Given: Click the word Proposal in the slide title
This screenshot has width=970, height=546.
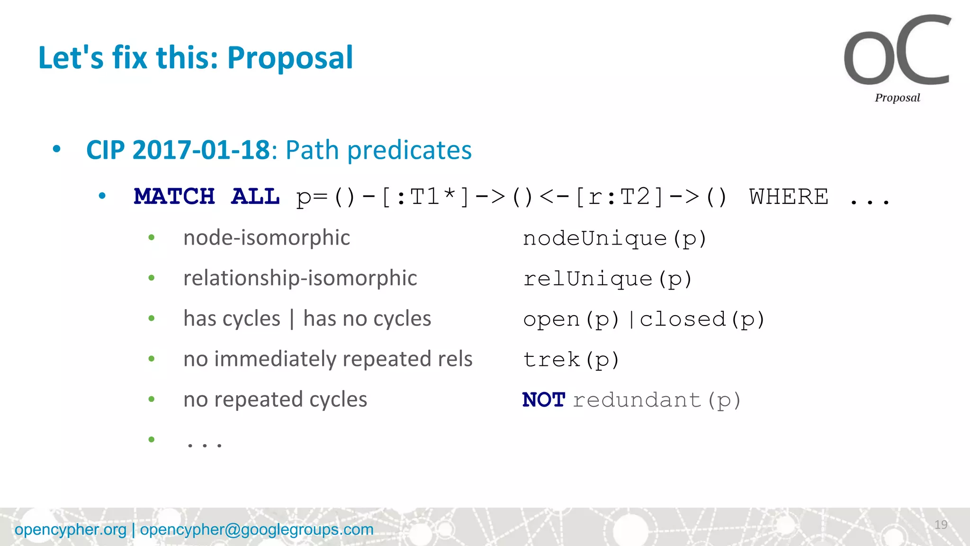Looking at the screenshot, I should (290, 58).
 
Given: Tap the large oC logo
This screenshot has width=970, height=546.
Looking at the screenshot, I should (897, 51).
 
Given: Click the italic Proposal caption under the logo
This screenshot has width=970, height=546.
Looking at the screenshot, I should (897, 98).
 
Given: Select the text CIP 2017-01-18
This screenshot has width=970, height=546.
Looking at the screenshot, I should (178, 150).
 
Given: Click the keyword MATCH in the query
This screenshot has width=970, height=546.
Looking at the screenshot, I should (174, 196).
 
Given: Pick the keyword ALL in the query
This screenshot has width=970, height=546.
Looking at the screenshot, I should (255, 196).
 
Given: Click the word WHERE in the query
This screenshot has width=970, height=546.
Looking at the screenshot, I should (789, 196).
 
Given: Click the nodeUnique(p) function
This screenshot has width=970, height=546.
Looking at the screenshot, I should (614, 238).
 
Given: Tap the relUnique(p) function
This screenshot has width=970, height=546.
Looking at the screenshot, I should (608, 279).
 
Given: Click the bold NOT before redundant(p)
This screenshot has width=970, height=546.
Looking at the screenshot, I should (544, 400).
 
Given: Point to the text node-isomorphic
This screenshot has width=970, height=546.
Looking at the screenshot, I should (267, 237).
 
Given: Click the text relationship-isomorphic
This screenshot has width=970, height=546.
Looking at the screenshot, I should (300, 278).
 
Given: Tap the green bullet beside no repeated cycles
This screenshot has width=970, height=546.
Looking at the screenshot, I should (152, 399).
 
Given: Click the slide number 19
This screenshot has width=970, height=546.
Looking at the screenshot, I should (941, 525).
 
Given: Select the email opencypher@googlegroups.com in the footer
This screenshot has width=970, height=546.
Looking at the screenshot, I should (257, 529).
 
